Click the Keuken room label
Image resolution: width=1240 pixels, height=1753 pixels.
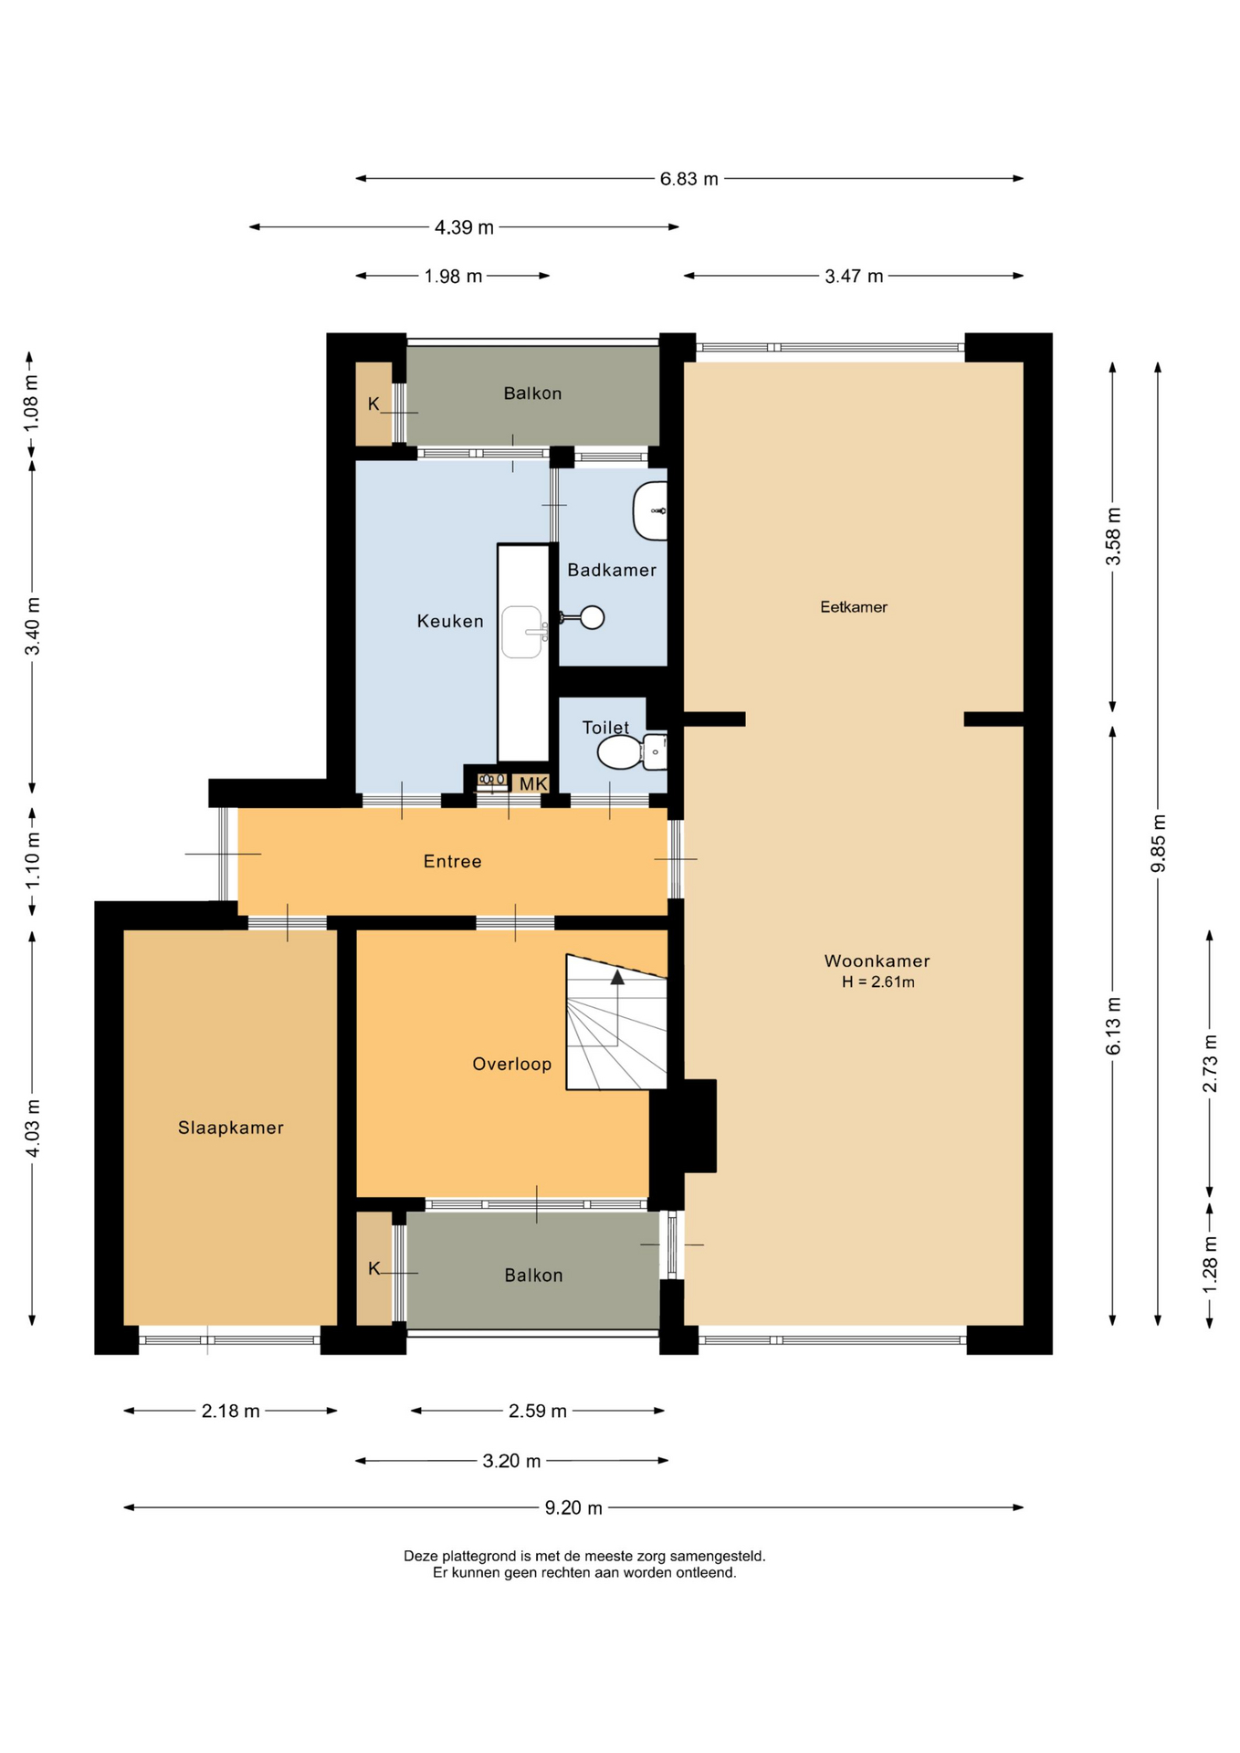450,621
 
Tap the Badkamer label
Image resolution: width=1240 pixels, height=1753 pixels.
612,570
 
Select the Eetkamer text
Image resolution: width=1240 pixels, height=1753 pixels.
854,606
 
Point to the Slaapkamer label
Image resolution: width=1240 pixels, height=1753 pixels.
231,1128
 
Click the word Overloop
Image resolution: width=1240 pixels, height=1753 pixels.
512,1064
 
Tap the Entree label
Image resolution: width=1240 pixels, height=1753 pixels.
453,861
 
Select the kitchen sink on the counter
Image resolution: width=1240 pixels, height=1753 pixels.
523,632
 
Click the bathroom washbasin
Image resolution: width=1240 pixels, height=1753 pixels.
650,511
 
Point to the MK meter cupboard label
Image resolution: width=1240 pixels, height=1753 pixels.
533,783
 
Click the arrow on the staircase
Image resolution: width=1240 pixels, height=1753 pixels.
617,977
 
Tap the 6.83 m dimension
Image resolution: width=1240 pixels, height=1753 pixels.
689,179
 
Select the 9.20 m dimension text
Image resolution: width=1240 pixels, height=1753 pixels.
573,1507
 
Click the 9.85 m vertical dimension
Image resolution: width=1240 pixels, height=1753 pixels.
1158,843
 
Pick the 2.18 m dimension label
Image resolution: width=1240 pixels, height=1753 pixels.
231,1411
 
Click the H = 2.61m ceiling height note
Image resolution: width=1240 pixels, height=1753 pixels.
878,982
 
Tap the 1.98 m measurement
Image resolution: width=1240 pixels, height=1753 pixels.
453,276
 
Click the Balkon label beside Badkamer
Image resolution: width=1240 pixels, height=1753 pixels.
533,394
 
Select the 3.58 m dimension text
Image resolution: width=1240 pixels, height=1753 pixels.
1113,536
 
